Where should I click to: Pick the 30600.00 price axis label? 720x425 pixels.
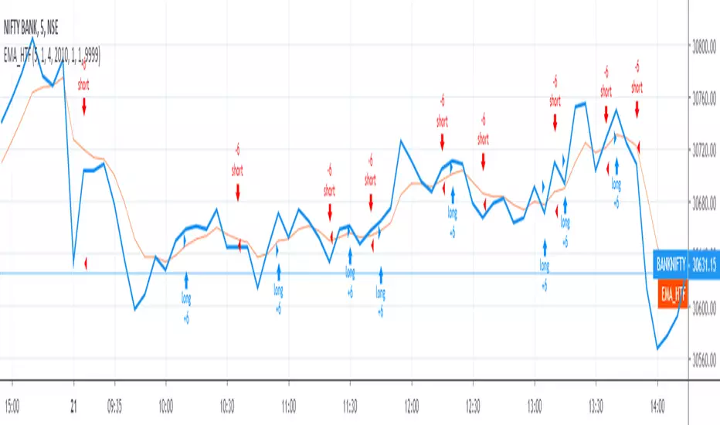pyautogui.click(x=702, y=308)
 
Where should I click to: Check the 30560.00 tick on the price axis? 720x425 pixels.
pyautogui.click(x=702, y=359)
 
